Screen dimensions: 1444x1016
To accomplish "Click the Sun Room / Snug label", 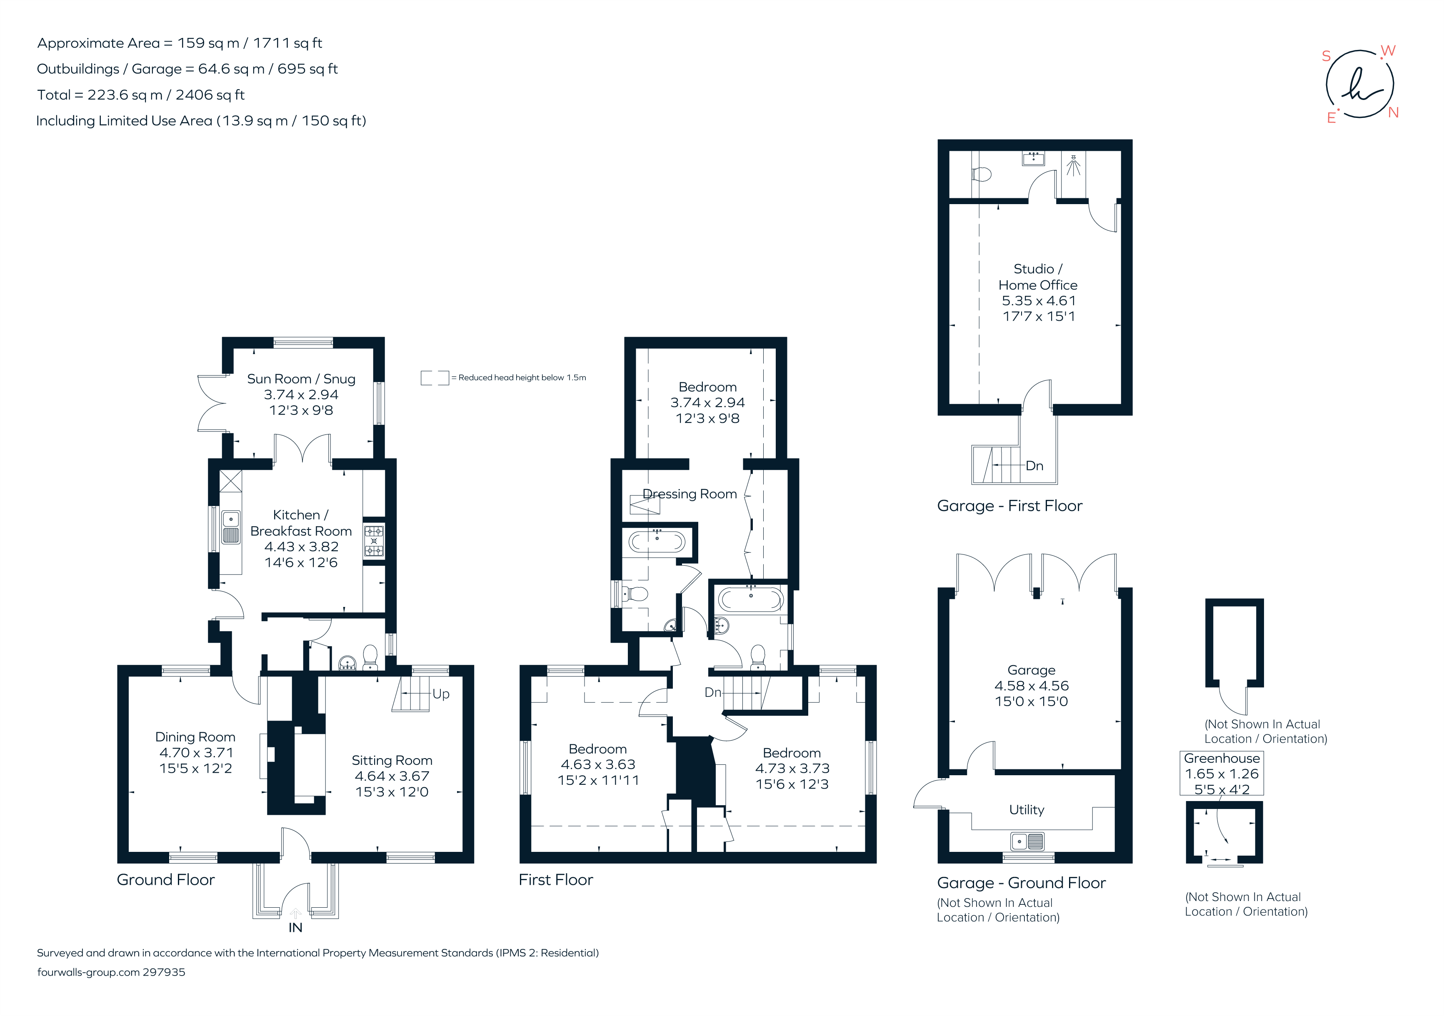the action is [x=301, y=379].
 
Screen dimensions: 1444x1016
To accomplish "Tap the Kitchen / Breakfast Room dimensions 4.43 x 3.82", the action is [x=301, y=547].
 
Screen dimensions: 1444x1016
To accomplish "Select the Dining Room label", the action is [x=195, y=737].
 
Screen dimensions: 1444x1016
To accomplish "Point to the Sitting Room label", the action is [x=392, y=761].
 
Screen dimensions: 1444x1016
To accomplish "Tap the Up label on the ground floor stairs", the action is [x=441, y=694].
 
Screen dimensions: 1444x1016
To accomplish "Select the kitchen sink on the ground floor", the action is [x=231, y=527].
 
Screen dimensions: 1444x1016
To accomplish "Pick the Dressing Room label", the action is [x=690, y=494].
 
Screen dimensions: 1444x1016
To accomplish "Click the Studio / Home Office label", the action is [x=1038, y=277].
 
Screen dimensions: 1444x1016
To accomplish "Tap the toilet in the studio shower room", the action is [x=981, y=174].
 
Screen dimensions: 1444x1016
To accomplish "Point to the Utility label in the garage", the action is [x=1027, y=810].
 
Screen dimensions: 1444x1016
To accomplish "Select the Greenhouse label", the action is [x=1222, y=758].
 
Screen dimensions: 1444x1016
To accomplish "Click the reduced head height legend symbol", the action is [x=435, y=378].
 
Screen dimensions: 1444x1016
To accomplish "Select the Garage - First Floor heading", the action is [x=1009, y=506].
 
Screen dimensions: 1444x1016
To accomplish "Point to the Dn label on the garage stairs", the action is [x=1034, y=466].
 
